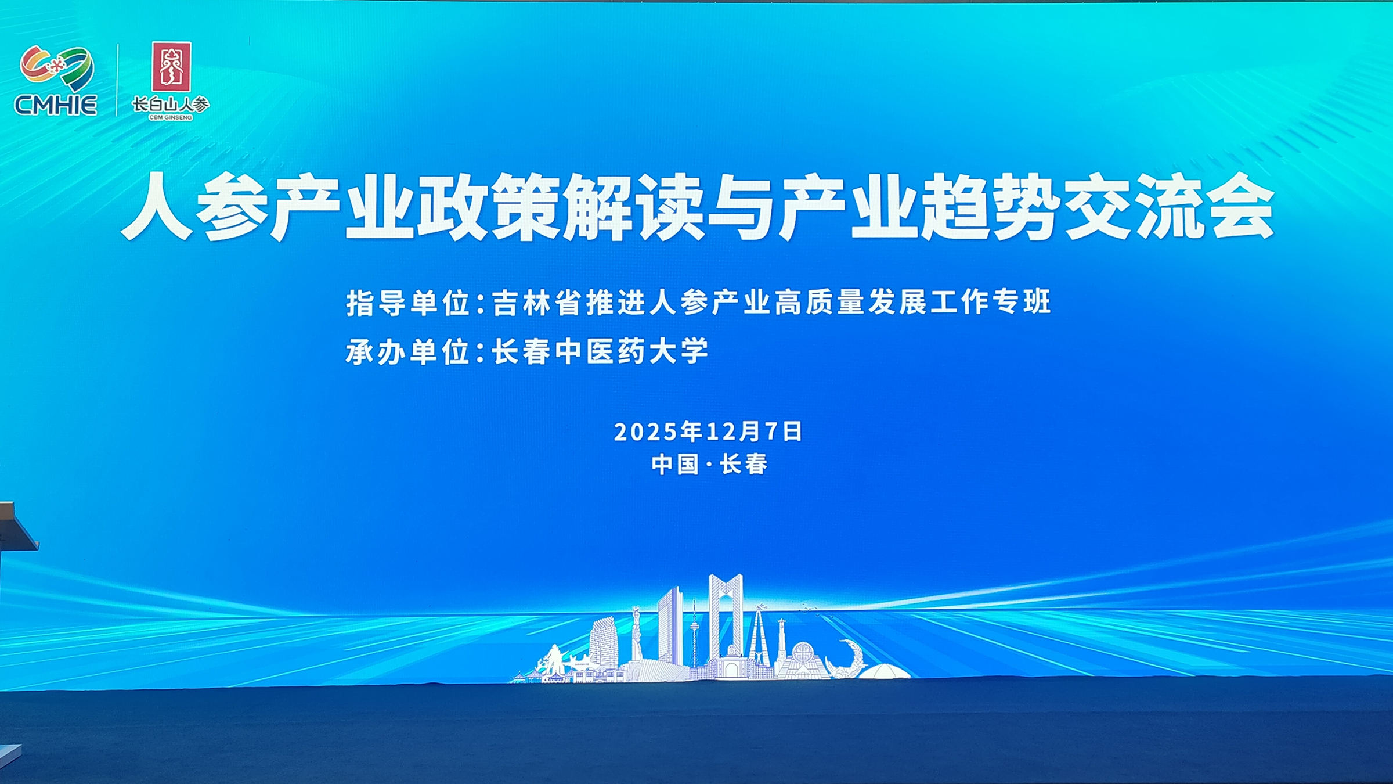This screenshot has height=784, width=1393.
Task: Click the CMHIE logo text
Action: click(56, 105)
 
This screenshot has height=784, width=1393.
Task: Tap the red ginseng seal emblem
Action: click(171, 67)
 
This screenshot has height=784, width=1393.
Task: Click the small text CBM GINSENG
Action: click(171, 117)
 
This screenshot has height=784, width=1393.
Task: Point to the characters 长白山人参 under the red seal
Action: click(171, 105)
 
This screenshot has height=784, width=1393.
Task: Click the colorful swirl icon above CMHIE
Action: click(56, 67)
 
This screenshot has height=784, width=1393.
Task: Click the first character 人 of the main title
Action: click(157, 207)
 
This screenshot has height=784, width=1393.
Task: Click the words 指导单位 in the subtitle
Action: click(407, 303)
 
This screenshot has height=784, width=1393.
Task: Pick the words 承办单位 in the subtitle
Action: click(407, 352)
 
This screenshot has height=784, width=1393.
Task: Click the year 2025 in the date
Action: click(646, 432)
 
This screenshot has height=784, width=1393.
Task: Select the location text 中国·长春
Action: click(709, 465)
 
